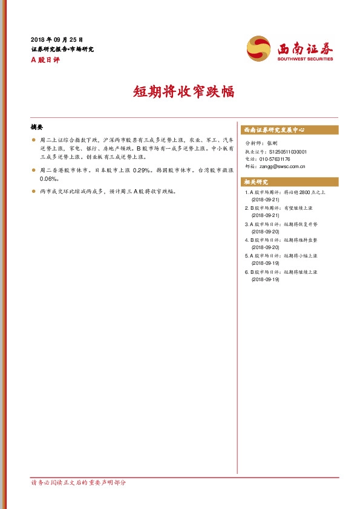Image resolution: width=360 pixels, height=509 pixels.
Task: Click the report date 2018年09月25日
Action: click(x=57, y=39)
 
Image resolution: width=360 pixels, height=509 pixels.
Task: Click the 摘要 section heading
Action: click(x=37, y=128)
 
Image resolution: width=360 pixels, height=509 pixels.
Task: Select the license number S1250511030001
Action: click(x=287, y=152)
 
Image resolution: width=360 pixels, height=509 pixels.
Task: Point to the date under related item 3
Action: click(x=264, y=232)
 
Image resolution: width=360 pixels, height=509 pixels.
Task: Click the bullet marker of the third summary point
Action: click(x=34, y=191)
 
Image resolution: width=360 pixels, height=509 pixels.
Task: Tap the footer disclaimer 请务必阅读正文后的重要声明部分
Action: click(x=79, y=483)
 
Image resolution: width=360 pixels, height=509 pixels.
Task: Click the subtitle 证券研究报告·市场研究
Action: click(x=62, y=49)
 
